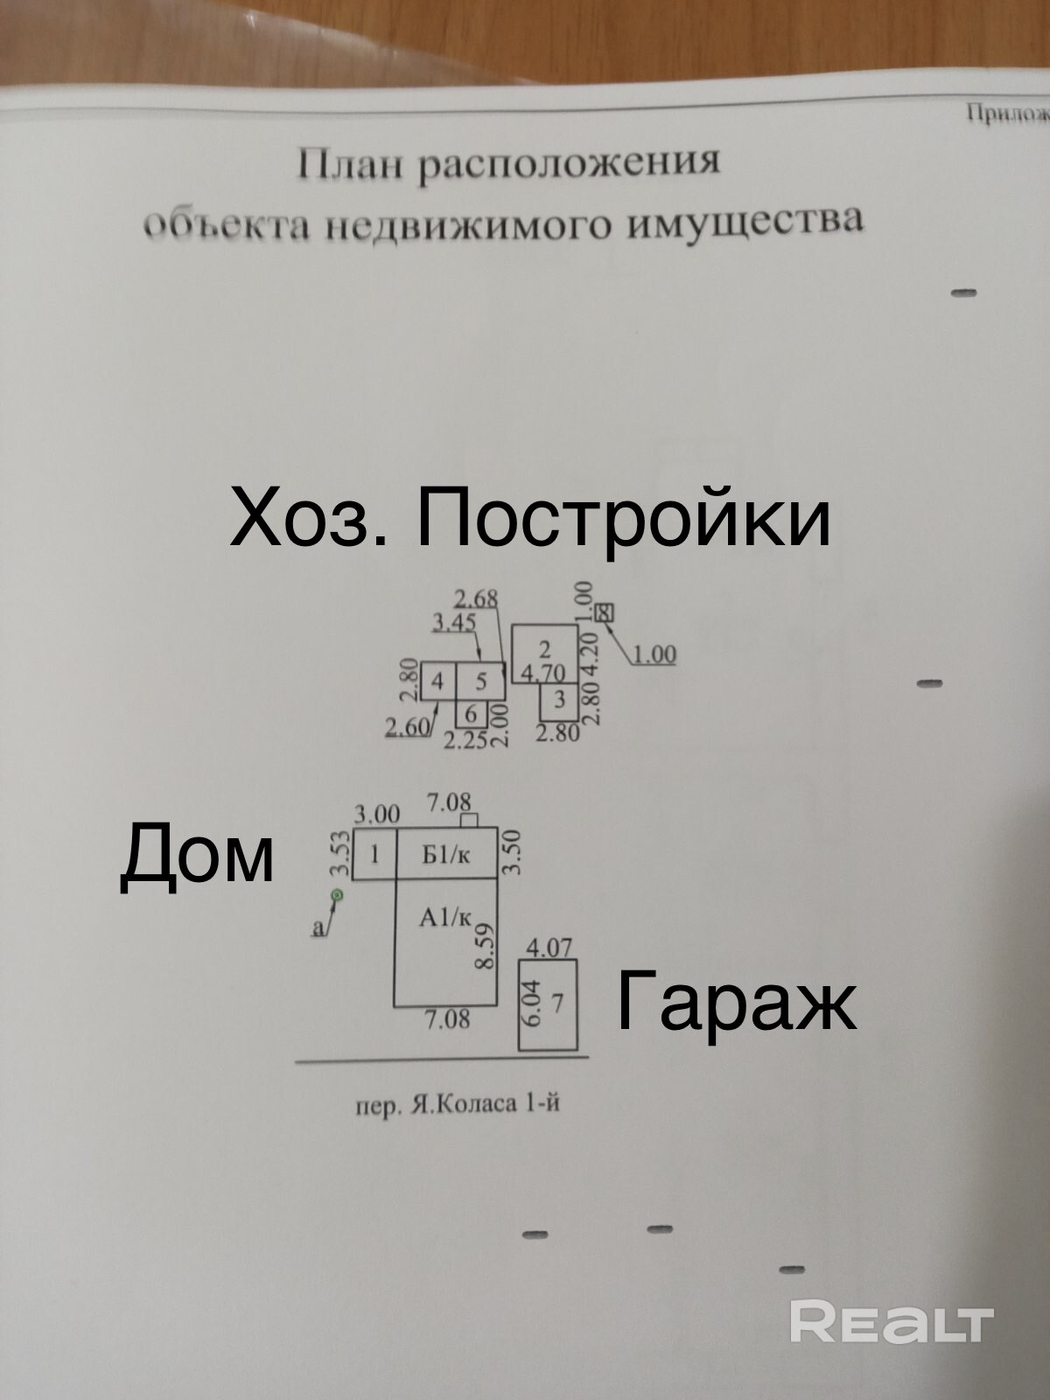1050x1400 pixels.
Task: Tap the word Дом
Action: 197,856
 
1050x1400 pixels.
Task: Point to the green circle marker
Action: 336,895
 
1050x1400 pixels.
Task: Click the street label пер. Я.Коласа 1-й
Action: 457,1105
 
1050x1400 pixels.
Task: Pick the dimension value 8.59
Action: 484,945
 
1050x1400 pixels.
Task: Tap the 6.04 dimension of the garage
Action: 533,1003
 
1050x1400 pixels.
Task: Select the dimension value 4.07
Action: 549,947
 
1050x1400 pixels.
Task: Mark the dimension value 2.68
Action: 476,599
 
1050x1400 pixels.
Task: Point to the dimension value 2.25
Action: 465,741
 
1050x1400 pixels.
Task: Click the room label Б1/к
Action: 445,855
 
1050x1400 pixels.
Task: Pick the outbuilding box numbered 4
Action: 437,681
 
